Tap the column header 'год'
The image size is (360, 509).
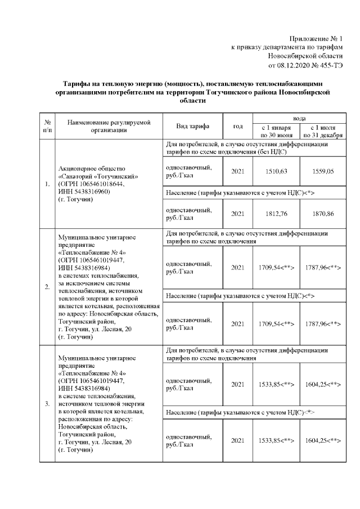pos(238,126)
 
